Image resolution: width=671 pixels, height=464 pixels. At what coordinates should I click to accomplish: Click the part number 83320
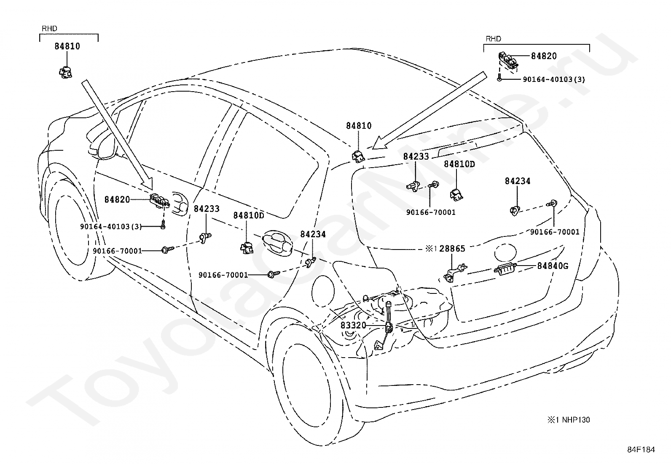click(353, 325)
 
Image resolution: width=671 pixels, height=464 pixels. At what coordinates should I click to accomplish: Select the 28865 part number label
click(452, 249)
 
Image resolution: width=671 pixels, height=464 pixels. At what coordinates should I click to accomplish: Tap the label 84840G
click(553, 266)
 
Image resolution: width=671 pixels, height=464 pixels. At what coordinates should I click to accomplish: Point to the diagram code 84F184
click(641, 449)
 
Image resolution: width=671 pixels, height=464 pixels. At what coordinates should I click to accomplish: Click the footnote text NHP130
click(576, 420)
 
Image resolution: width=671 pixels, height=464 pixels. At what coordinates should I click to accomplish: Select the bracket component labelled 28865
click(455, 272)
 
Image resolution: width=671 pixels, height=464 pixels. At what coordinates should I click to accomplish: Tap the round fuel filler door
click(323, 291)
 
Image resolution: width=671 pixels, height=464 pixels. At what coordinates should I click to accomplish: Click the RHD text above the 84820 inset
click(493, 39)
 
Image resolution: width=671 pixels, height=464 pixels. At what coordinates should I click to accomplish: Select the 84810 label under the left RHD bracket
click(67, 46)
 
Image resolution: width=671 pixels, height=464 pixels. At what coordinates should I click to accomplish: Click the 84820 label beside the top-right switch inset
click(544, 56)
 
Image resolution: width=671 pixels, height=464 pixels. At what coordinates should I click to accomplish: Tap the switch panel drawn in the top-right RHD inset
click(508, 61)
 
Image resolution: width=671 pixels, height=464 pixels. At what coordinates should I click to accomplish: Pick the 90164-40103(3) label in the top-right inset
click(554, 79)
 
